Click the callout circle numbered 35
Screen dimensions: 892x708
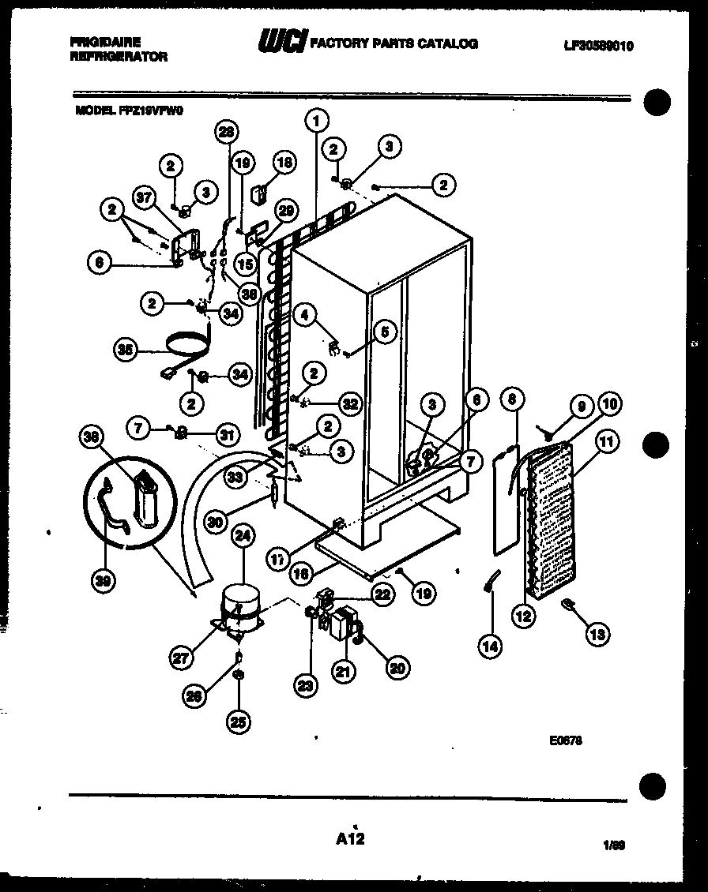(126, 350)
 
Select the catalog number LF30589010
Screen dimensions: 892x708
(598, 46)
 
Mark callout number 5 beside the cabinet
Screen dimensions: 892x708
(384, 332)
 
